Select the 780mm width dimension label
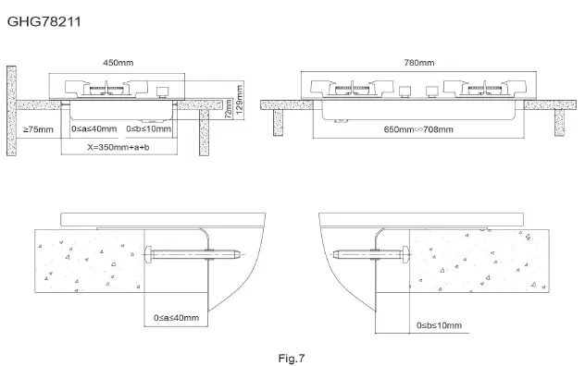pyautogui.click(x=418, y=62)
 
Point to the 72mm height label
pyautogui.click(x=229, y=110)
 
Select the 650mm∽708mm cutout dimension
pyautogui.click(x=418, y=129)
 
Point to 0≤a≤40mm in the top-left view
pyautogui.click(x=94, y=129)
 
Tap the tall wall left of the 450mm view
pyautogui.click(x=12, y=111)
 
